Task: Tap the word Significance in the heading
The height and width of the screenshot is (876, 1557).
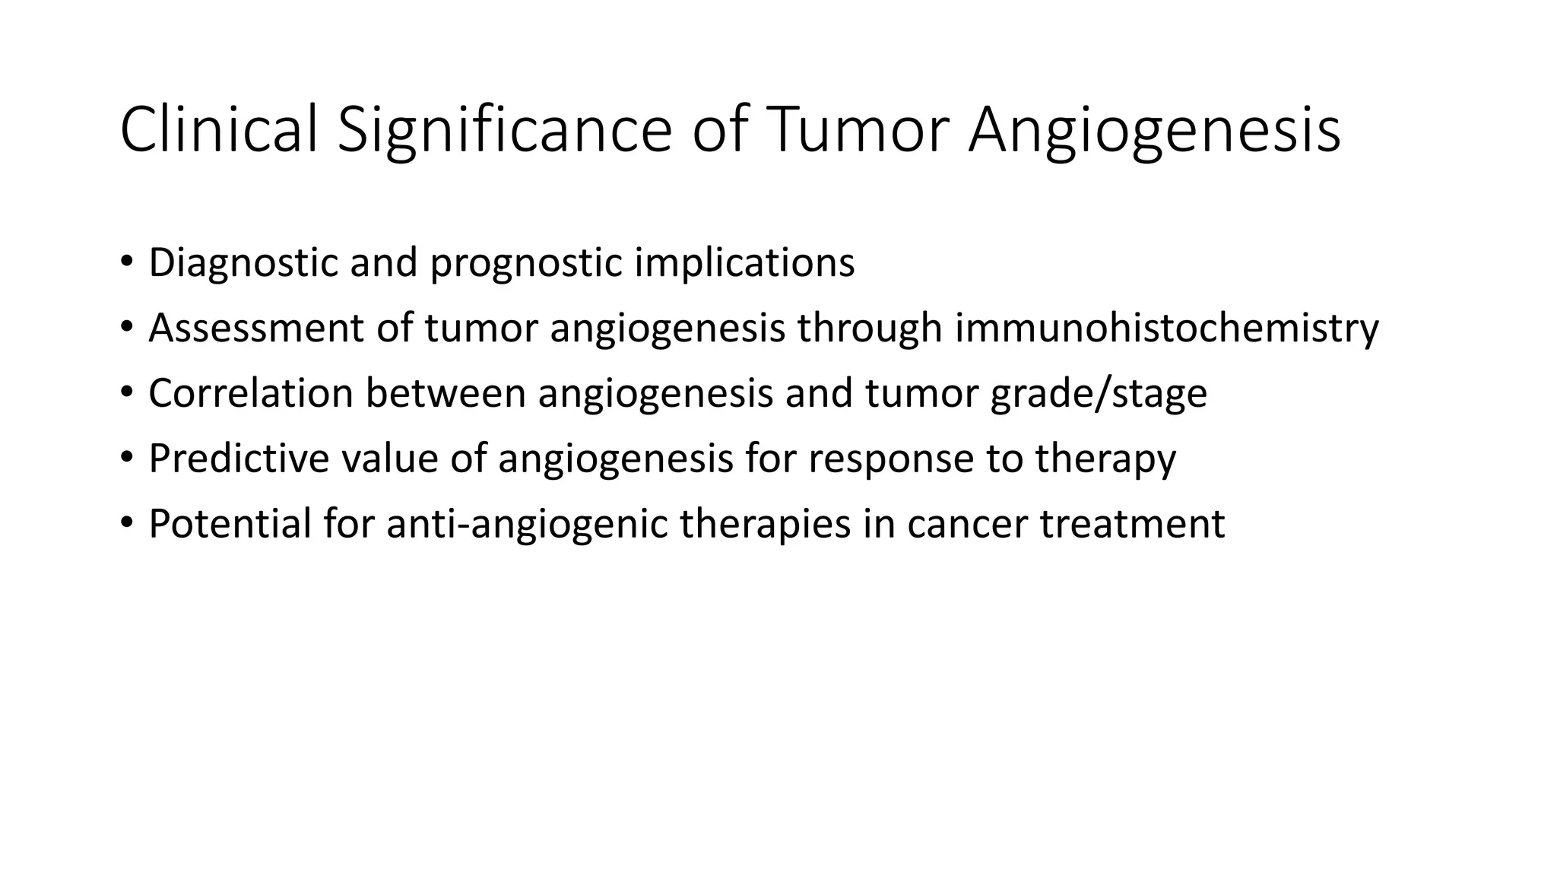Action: click(504, 130)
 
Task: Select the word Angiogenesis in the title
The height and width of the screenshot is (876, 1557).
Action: click(1154, 130)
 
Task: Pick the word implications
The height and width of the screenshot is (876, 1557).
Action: click(744, 262)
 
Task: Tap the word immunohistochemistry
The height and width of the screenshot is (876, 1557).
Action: click(1166, 328)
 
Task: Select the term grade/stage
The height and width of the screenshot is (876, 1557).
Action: click(1099, 393)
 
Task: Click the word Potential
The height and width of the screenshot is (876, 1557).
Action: click(230, 524)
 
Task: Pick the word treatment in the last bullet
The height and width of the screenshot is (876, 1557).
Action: click(1132, 524)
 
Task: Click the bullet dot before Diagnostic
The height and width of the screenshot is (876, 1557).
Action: click(125, 262)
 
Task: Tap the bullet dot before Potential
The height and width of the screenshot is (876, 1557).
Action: click(125, 524)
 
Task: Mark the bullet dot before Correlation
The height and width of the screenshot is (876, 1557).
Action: click(125, 393)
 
